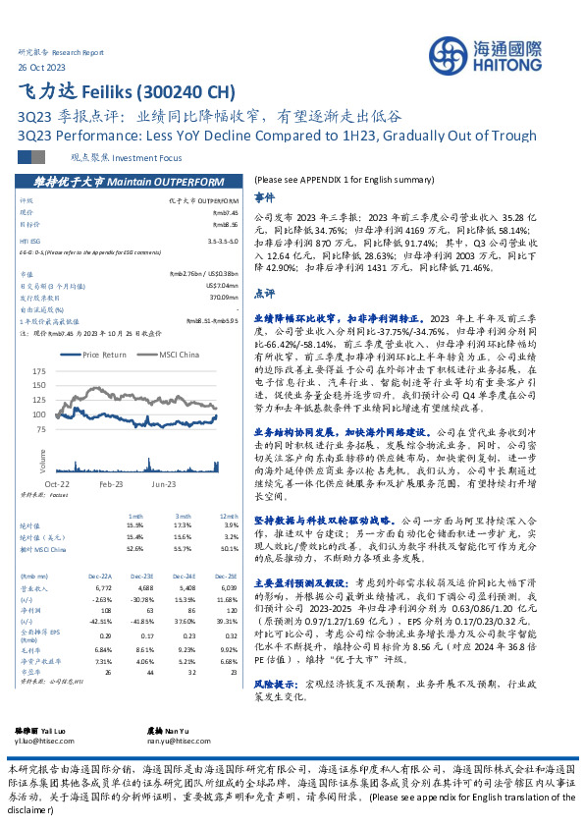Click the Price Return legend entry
point(103,355)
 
